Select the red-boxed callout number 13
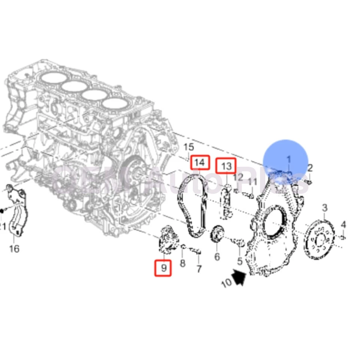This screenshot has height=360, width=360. (x=226, y=166)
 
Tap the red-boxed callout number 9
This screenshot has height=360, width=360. (x=163, y=268)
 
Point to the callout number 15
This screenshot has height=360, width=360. (x=189, y=147)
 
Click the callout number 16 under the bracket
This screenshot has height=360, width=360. (x=14, y=248)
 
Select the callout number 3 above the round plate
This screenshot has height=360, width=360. (x=325, y=208)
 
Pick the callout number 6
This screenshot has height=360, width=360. (x=217, y=257)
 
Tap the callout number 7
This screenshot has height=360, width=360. (x=199, y=268)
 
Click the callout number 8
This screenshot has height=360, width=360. (x=182, y=263)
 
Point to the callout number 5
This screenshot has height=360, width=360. (x=239, y=261)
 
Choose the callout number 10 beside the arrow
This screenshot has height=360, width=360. (x=226, y=283)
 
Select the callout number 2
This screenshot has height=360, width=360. (x=310, y=168)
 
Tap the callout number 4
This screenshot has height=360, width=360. (x=343, y=225)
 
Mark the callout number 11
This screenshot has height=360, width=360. (x=252, y=182)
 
